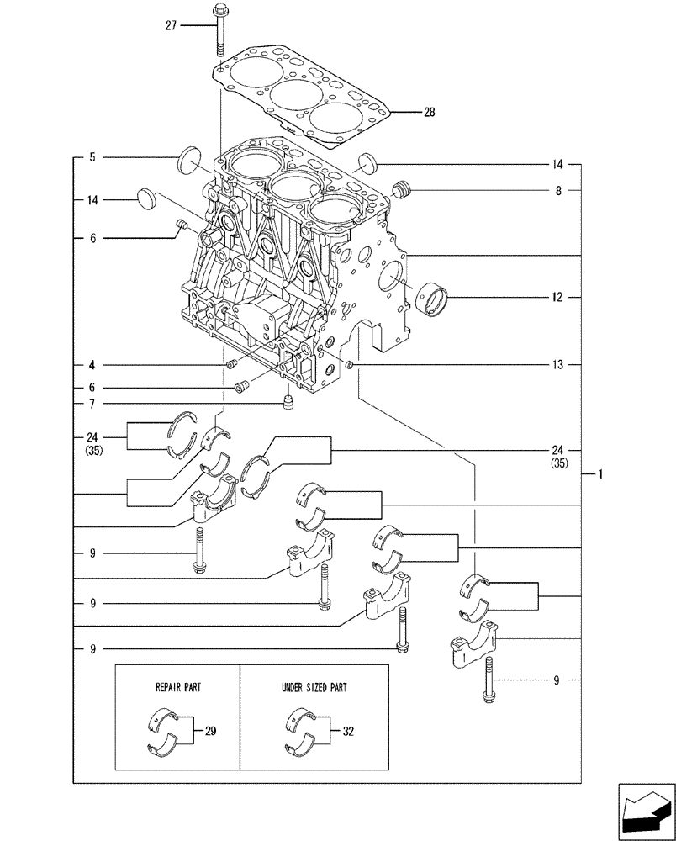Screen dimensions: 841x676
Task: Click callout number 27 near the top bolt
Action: pyautogui.click(x=171, y=26)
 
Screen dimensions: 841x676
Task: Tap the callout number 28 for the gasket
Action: pyautogui.click(x=429, y=112)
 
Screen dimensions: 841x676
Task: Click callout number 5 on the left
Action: pyautogui.click(x=92, y=157)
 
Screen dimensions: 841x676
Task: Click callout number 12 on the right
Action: pyautogui.click(x=557, y=297)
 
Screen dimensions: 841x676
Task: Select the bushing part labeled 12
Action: pyautogui.click(x=437, y=299)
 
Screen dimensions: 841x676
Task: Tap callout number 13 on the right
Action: pyautogui.click(x=557, y=364)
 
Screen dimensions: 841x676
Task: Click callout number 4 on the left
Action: pyautogui.click(x=92, y=365)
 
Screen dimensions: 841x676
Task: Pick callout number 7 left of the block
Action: pyautogui.click(x=92, y=405)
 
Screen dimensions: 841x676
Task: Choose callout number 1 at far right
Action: pyautogui.click(x=601, y=474)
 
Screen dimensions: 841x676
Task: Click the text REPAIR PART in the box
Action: pyautogui.click(x=177, y=686)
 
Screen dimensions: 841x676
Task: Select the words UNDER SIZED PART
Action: pyautogui.click(x=314, y=686)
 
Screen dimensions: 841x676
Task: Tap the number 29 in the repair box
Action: pyautogui.click(x=210, y=732)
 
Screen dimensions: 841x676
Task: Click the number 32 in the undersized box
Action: pyautogui.click(x=347, y=732)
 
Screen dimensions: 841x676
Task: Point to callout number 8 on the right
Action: pyautogui.click(x=557, y=191)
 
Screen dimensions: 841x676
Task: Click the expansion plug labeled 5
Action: pyautogui.click(x=191, y=161)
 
